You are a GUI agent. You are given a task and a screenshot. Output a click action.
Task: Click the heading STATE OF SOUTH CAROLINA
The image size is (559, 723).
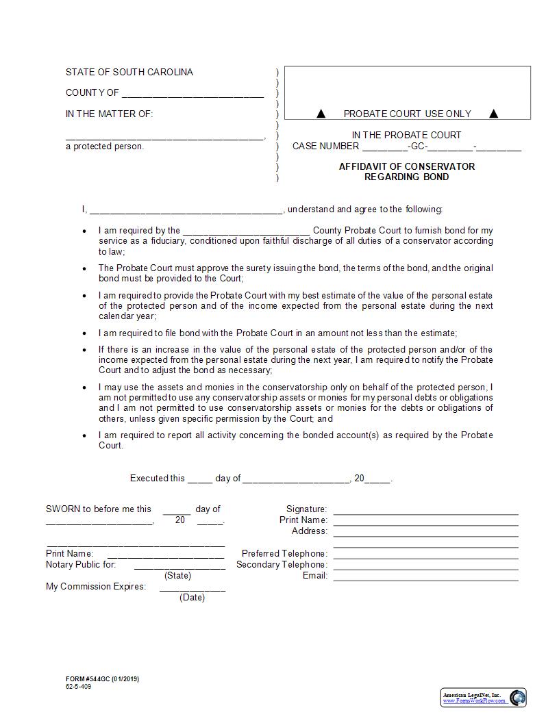coord(129,72)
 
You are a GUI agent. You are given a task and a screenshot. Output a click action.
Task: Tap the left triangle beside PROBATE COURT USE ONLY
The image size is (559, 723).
coord(321,114)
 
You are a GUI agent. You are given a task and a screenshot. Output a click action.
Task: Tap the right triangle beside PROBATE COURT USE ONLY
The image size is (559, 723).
coord(493,114)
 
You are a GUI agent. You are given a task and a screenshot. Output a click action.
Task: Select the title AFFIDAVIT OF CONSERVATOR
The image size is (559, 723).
coord(406,166)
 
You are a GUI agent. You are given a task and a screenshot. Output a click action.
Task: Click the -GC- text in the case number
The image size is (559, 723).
coord(417,146)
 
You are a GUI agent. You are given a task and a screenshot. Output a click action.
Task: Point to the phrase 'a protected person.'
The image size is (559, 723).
coord(105,146)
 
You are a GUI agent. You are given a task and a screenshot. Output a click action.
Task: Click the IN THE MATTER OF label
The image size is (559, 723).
coord(110,114)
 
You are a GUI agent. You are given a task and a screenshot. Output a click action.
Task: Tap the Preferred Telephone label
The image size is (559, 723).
coord(284,553)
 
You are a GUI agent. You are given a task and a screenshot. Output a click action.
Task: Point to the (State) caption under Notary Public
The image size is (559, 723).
coord(178,576)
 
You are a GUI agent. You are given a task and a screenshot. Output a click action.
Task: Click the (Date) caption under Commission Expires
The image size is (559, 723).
coord(192,597)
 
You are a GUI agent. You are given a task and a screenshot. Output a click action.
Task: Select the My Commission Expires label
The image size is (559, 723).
coord(96,586)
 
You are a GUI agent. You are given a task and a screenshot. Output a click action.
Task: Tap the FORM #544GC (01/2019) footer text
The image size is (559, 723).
coord(103,678)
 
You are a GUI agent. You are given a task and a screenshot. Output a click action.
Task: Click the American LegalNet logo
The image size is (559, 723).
coord(484,698)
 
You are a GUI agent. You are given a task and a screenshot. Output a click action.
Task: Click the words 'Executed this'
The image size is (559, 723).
coord(158,478)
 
